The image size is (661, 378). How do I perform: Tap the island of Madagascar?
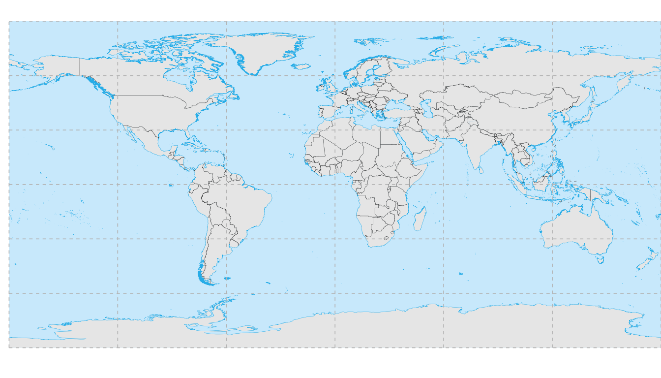click(x=420, y=220)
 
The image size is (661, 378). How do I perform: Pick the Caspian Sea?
click(x=427, y=109)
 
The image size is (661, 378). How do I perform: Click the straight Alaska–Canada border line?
click(x=80, y=66)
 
